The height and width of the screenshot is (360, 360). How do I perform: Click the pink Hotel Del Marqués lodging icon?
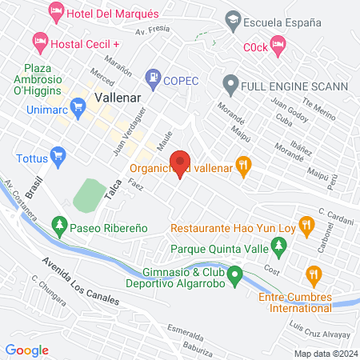57,12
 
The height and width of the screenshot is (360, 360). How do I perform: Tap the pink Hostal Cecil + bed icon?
39,40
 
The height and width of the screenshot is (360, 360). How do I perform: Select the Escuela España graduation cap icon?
232,19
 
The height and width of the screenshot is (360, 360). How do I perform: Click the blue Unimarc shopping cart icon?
78,106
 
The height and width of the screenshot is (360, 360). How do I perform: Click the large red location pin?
180,162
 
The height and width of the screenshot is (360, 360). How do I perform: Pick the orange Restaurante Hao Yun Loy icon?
305,224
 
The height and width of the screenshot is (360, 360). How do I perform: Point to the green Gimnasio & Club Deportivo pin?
234,277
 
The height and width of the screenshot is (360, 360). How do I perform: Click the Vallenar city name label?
118,97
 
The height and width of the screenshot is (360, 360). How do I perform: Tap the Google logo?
27,350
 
